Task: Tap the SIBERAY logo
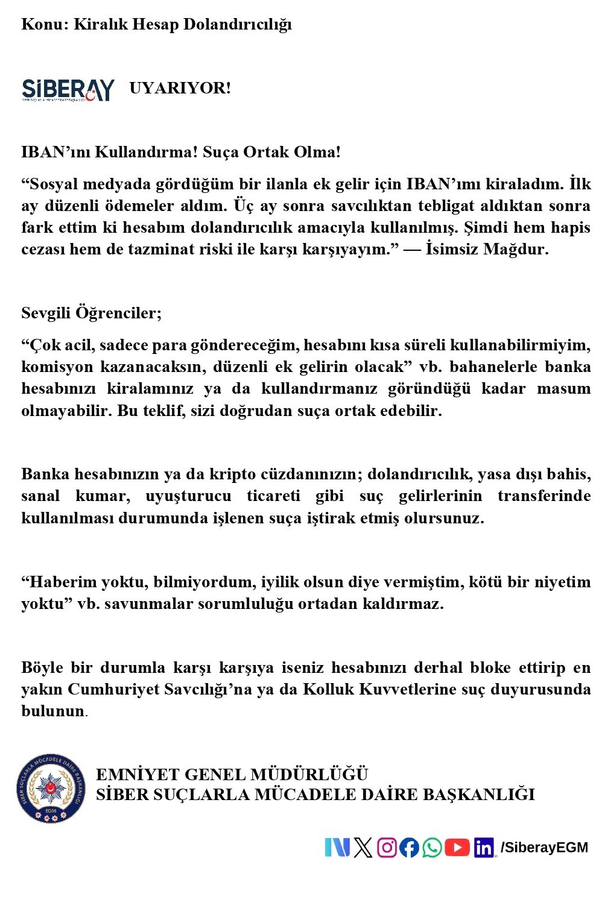click(x=68, y=89)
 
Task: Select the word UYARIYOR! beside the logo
click(x=180, y=88)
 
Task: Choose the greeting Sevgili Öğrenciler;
click(x=91, y=313)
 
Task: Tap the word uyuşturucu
click(x=188, y=496)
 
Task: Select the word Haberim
click(x=60, y=582)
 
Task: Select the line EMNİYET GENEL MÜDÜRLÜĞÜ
click(x=232, y=775)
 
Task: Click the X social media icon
click(x=363, y=848)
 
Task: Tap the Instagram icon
click(x=387, y=848)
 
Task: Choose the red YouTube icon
click(x=457, y=848)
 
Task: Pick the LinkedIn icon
click(x=484, y=848)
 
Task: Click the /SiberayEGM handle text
click(x=544, y=848)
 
